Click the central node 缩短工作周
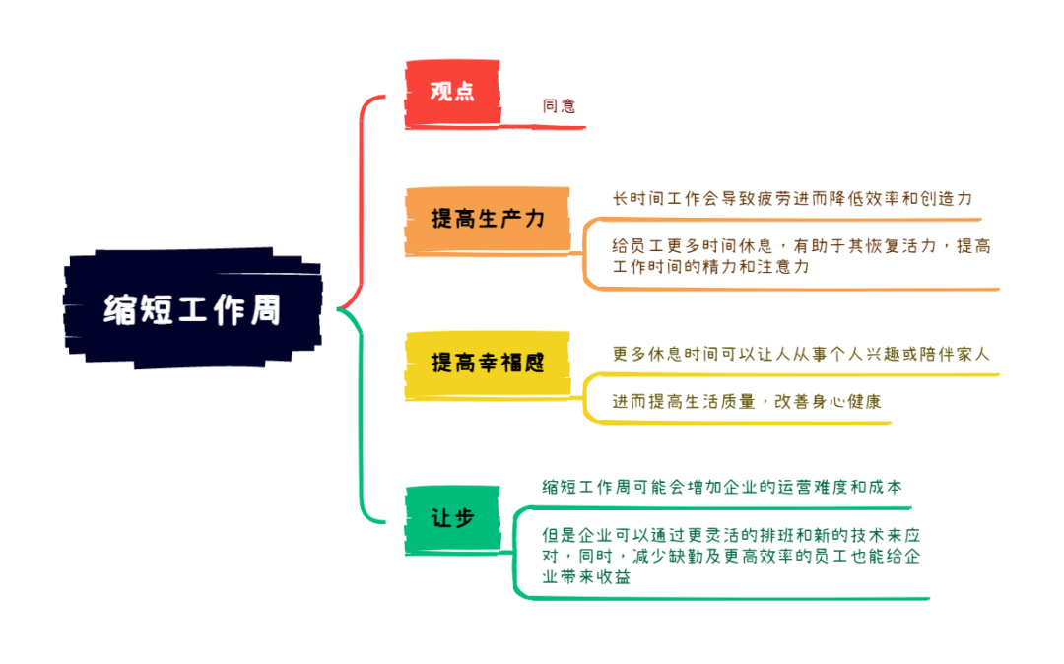coord(193,308)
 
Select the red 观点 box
coord(452,93)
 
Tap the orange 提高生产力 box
coord(488,219)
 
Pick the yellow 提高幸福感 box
coord(488,364)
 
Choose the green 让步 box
coord(452,519)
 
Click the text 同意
coord(560,105)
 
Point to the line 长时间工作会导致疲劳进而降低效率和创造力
coord(792,199)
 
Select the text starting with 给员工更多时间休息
coord(801,256)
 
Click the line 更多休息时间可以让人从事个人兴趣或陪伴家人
coord(801,354)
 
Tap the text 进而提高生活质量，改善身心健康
coord(747,402)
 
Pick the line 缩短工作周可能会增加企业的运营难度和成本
coord(722,487)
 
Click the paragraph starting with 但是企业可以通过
coord(731,557)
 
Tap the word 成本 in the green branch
coord(887,487)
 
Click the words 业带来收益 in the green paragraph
coord(586,577)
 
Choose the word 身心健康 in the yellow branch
coord(847,402)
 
